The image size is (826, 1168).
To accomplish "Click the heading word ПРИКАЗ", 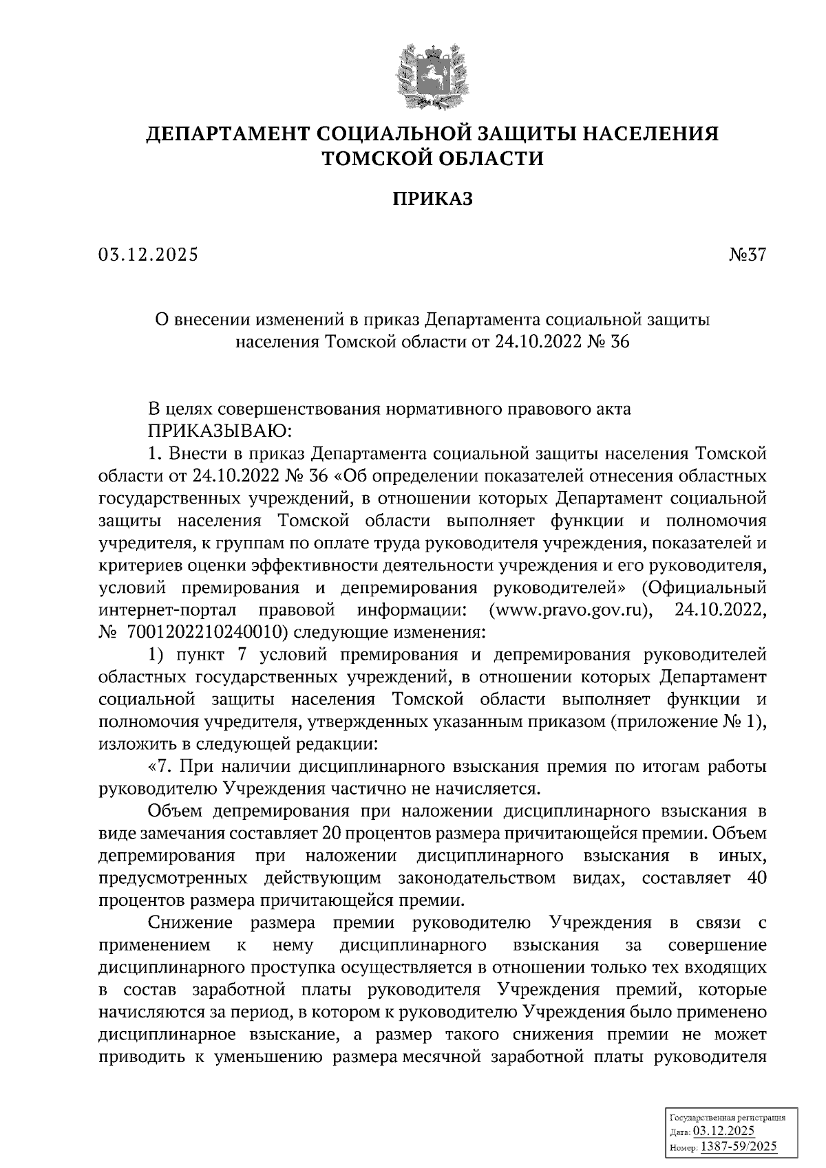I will (433, 199).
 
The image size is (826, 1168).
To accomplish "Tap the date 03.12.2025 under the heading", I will (148, 255).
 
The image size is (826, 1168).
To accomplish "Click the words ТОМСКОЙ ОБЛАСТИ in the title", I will (433, 159).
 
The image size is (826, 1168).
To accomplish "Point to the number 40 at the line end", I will (756, 878).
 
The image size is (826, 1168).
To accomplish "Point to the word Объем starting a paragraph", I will (175, 812).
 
